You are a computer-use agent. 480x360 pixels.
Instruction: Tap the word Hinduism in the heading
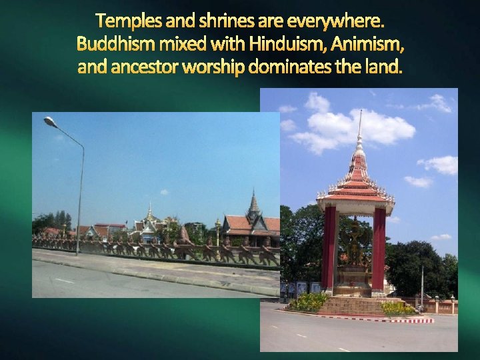279,45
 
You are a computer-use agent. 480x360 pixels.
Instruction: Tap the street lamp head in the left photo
49,121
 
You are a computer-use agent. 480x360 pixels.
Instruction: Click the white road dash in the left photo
64,281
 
